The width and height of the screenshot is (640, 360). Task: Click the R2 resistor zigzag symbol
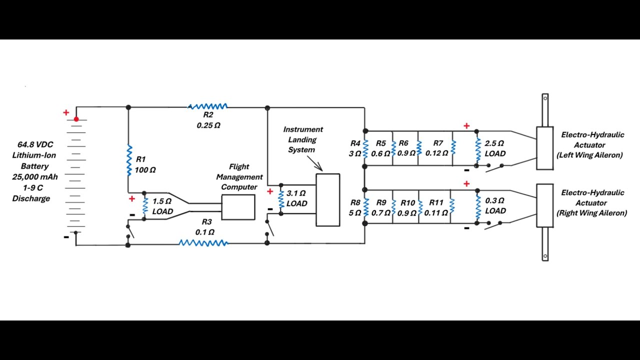[x=207, y=106]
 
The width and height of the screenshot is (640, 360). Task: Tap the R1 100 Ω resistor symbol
[x=129, y=160]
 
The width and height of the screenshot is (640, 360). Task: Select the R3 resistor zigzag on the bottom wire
[x=203, y=243]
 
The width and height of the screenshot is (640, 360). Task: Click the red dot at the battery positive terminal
[x=76, y=119]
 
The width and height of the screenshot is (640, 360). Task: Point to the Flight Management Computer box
[x=238, y=207]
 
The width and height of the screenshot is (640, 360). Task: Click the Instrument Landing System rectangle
[x=327, y=200]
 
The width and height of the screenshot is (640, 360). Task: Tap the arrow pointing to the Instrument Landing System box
[x=315, y=163]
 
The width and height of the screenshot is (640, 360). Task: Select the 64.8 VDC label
[x=35, y=144]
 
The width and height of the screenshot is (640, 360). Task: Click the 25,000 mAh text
[x=35, y=177]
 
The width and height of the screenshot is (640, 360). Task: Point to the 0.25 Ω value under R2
[x=208, y=125]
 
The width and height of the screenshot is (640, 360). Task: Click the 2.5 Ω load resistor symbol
[x=478, y=150]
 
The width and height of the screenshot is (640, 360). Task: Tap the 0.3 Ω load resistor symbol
[x=478, y=207]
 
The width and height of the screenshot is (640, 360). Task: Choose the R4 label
[x=355, y=143]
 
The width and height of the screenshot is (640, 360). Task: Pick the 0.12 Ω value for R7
[x=436, y=153]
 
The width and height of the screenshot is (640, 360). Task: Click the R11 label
[x=436, y=202]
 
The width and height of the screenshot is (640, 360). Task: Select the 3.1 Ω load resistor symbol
[x=281, y=199]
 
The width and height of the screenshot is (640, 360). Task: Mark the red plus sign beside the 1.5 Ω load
[x=131, y=199]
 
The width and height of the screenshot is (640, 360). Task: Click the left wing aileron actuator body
[x=545, y=148]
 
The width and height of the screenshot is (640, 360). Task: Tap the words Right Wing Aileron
[x=591, y=213]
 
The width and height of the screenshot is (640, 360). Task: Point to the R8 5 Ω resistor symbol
[x=365, y=207]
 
